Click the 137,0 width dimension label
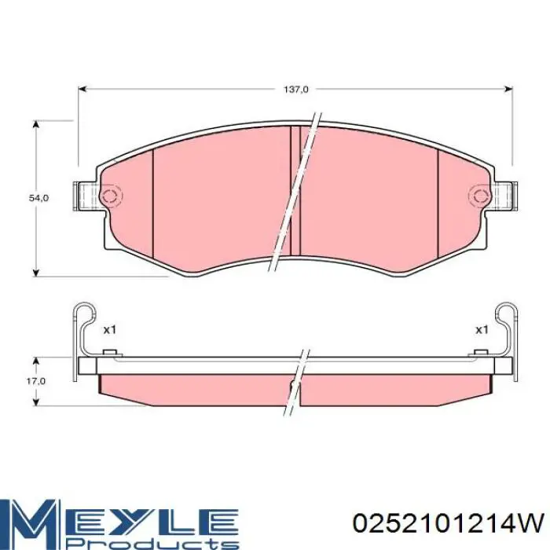coord(295,90)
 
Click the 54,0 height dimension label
coord(38,198)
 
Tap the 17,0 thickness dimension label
coord(36,381)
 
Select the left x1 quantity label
coord(109,330)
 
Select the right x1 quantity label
coord(482,330)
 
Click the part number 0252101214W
coord(449,524)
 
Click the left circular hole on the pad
coord(111,196)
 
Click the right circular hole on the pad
coord(479,196)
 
